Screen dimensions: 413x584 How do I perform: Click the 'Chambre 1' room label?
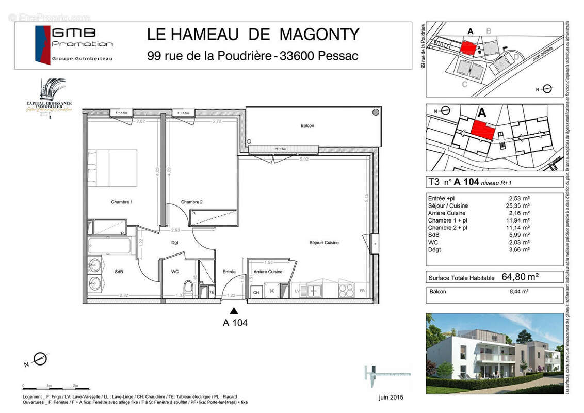pyautogui.click(x=122, y=202)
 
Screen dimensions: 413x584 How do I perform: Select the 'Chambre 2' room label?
pyautogui.click(x=191, y=202)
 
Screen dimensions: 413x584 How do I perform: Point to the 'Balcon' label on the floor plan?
pyautogui.click(x=307, y=125)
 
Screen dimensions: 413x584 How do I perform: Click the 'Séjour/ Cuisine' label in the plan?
pyautogui.click(x=324, y=243)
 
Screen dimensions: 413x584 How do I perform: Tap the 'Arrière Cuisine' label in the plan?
pyautogui.click(x=268, y=272)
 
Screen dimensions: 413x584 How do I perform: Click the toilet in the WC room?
pyautogui.click(x=188, y=289)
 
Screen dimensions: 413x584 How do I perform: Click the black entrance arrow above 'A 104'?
pyautogui.click(x=234, y=311)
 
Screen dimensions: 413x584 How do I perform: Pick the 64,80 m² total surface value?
pyautogui.click(x=520, y=277)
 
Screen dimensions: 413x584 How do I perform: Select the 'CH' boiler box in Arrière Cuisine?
pyautogui.click(x=255, y=292)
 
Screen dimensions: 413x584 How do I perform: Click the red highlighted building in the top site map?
pyautogui.click(x=467, y=49)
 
